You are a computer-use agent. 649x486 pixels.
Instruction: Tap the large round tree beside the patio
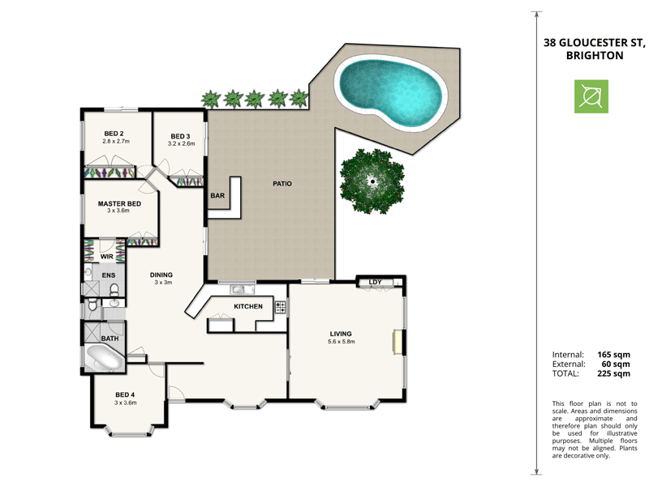click(x=372, y=182)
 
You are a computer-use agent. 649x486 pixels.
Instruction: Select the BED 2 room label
click(x=114, y=134)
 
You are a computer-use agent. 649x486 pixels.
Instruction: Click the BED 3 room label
click(x=180, y=136)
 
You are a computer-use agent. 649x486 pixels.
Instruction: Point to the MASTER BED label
click(x=120, y=204)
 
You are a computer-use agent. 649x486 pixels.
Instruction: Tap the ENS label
click(x=109, y=276)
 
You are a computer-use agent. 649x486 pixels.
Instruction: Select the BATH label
click(x=110, y=339)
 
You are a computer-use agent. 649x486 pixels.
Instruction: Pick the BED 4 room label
click(x=124, y=394)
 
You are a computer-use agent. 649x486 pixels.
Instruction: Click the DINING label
click(x=161, y=275)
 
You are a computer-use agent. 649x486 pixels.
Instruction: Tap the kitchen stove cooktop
click(x=280, y=307)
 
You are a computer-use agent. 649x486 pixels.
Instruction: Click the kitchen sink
click(x=240, y=289)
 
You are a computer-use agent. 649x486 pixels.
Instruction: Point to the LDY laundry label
click(x=375, y=282)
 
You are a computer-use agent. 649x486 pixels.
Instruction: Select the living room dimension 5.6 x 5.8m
click(x=342, y=342)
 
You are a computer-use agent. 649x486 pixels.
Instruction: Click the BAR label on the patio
click(x=217, y=196)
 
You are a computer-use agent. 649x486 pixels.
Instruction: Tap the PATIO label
click(x=282, y=184)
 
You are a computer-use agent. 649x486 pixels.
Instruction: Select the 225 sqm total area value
click(x=613, y=374)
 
